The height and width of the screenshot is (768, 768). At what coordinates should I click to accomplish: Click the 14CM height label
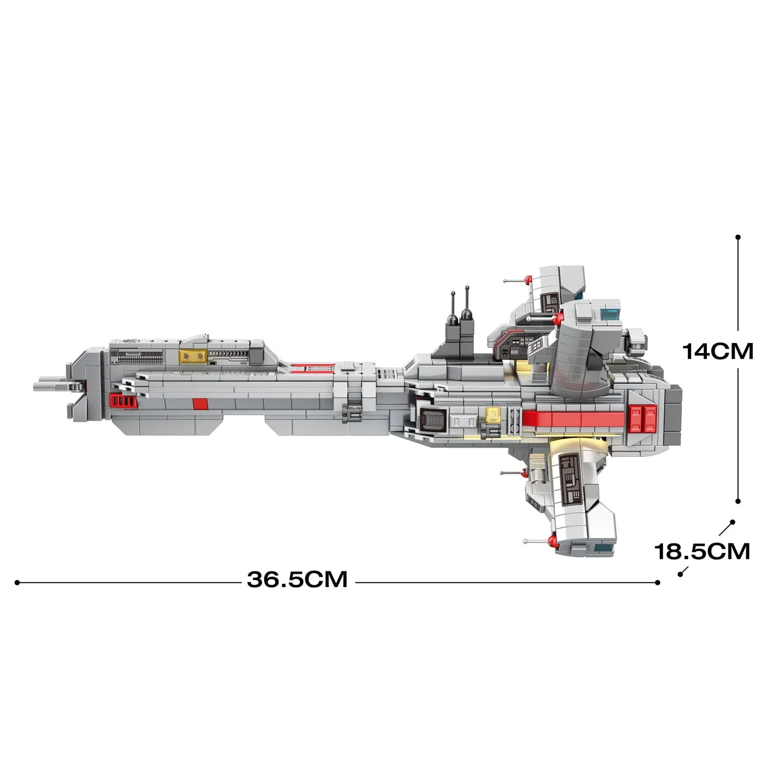point(718,351)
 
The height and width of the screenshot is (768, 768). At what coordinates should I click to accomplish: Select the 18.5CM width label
point(702,552)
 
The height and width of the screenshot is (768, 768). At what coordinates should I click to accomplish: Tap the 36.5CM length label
point(297,579)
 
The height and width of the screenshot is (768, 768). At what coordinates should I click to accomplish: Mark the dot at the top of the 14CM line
point(738,237)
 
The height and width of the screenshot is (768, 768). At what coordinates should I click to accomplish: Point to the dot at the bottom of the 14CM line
point(738,502)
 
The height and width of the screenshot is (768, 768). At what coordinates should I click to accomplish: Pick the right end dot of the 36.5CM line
point(657,583)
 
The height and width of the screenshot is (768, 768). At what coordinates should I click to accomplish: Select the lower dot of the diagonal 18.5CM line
point(680,574)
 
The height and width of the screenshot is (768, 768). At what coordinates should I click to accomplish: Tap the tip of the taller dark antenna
point(467,287)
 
